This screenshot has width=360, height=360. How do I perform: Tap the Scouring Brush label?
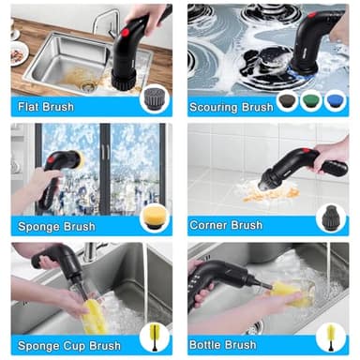coord(231,107)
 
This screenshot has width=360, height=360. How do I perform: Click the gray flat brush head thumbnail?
coord(152,97)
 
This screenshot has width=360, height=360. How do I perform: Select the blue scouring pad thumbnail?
coord(335,100)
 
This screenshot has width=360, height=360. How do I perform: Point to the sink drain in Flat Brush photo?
coord(87,82)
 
